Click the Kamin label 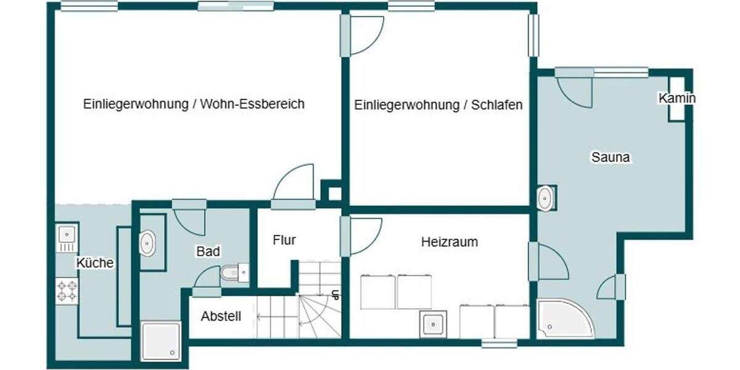676,99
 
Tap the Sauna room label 610,157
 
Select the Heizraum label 449,242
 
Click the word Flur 284,240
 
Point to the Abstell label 221,317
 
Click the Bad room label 208,252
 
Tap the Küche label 95,263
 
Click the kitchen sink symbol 67,234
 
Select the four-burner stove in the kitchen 67,291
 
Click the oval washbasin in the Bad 148,243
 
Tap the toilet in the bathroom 233,272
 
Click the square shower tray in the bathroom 161,341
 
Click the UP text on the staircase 335,295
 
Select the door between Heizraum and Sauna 549,262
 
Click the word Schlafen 496,105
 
